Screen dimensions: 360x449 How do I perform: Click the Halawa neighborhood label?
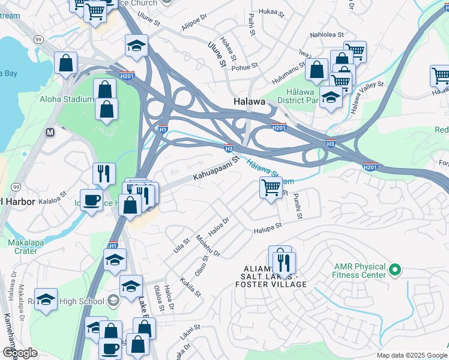click(x=249, y=102)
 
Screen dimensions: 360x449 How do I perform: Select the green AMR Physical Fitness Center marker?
click(x=394, y=271)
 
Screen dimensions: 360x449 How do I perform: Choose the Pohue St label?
click(x=245, y=66)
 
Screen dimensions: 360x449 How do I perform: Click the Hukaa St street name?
click(x=270, y=11)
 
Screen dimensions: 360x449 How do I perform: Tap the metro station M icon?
click(x=50, y=131)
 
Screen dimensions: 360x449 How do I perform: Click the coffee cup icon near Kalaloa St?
click(x=92, y=199)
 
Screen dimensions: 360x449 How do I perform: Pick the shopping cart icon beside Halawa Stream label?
click(x=271, y=188)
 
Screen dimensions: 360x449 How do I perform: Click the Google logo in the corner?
click(x=20, y=353)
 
